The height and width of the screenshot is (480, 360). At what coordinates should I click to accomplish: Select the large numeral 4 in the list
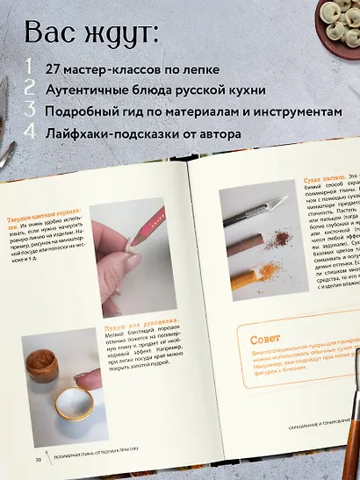pyautogui.click(x=31, y=133)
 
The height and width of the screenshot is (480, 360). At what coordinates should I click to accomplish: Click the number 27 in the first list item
pyautogui.click(x=55, y=69)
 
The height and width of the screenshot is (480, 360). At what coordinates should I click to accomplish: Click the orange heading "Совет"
pyautogui.click(x=265, y=314)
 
